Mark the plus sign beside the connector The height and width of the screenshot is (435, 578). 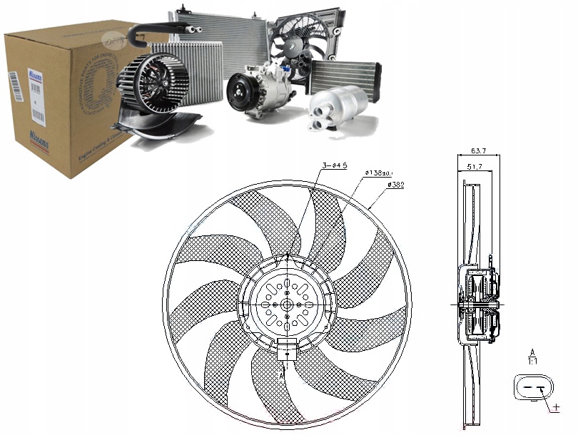point(556,409)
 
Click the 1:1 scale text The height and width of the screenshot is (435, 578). point(532,362)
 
